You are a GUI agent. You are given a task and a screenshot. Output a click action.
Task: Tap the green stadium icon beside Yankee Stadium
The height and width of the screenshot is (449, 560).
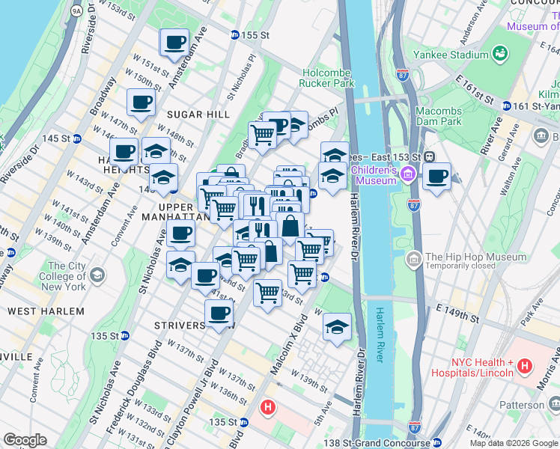[499, 54]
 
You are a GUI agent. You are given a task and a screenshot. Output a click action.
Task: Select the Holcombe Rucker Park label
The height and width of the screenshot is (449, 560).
[327, 78]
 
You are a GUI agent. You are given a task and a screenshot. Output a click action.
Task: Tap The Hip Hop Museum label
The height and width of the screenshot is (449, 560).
[475, 257]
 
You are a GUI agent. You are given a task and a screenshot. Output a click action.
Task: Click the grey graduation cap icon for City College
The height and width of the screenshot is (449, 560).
[97, 275]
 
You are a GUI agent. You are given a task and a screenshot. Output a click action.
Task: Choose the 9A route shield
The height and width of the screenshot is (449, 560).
[76, 11]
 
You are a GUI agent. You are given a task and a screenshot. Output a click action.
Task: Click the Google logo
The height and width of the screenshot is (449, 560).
[25, 439]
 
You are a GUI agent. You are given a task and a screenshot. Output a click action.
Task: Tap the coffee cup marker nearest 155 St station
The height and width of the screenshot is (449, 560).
[174, 43]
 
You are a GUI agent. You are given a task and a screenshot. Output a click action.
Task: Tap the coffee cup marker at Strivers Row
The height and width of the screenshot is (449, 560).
[219, 314]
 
